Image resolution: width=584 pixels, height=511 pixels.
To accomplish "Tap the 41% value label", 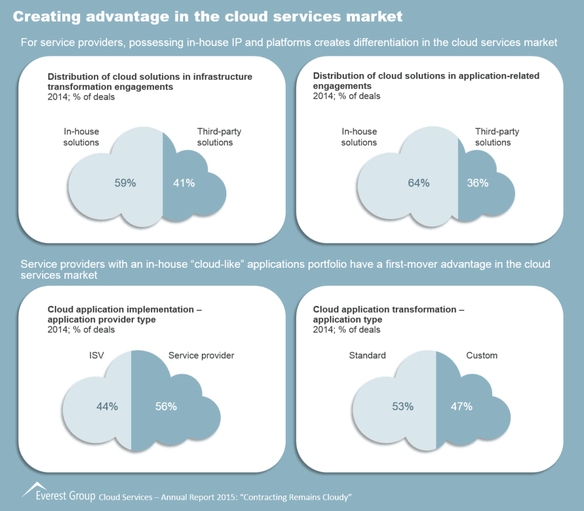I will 184,183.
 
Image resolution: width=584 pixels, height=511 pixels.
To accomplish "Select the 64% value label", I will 418,183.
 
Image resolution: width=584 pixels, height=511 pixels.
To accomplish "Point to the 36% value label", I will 477,183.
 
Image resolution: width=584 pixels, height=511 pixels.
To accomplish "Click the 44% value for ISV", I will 107,406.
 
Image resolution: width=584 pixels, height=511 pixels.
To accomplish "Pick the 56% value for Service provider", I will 166,406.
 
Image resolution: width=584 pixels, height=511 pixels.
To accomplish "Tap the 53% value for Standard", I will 402,406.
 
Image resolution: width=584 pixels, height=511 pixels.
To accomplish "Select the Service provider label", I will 201,355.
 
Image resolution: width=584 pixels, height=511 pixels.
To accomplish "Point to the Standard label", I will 367,355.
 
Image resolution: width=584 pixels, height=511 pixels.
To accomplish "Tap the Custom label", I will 482,355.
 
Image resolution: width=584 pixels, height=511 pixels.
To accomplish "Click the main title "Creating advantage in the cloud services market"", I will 208,17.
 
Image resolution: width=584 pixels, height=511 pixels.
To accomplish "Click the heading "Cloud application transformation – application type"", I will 388,314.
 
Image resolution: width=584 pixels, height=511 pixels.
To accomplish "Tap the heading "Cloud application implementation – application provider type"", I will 124,314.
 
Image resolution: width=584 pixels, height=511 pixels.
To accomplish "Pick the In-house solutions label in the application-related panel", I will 359,137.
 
